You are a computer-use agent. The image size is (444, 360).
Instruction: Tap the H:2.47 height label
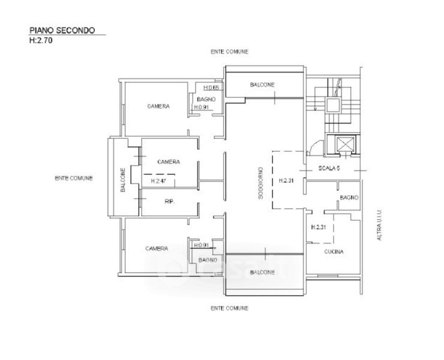point(158,181)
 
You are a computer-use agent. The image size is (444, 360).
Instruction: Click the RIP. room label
point(169,202)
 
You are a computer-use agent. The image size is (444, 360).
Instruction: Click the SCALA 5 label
point(329,169)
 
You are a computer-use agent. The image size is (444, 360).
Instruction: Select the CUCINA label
point(334,252)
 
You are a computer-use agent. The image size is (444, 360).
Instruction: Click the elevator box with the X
point(347,144)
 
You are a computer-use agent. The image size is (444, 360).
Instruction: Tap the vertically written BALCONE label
point(123,180)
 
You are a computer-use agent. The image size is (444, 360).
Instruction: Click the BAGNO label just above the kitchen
point(349,197)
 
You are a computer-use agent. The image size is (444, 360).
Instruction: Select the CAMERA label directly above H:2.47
point(169,162)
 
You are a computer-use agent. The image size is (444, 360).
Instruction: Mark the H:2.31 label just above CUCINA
point(319,227)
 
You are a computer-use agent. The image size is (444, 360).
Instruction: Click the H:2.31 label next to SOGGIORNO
point(286,181)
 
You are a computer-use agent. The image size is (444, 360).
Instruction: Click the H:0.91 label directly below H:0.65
point(200,107)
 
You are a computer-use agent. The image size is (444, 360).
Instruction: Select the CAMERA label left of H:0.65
point(158,106)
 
